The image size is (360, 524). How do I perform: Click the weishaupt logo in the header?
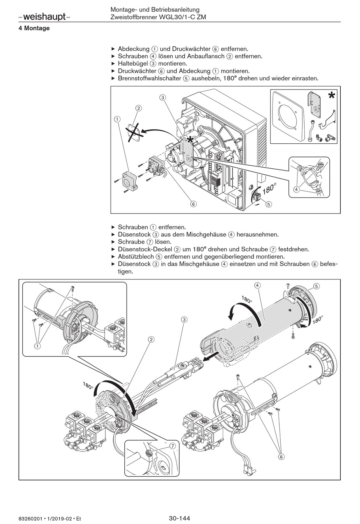44,17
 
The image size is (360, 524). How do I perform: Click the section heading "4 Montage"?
34,28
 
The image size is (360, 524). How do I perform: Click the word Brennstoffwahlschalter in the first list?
150,78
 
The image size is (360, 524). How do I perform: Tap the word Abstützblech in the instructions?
135,256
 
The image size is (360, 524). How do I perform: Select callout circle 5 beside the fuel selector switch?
269,204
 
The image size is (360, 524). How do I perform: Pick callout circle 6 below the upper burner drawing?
193,204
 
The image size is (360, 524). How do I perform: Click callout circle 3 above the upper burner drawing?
163,97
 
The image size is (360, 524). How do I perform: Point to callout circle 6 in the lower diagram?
281,457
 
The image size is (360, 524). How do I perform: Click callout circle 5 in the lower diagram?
316,286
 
